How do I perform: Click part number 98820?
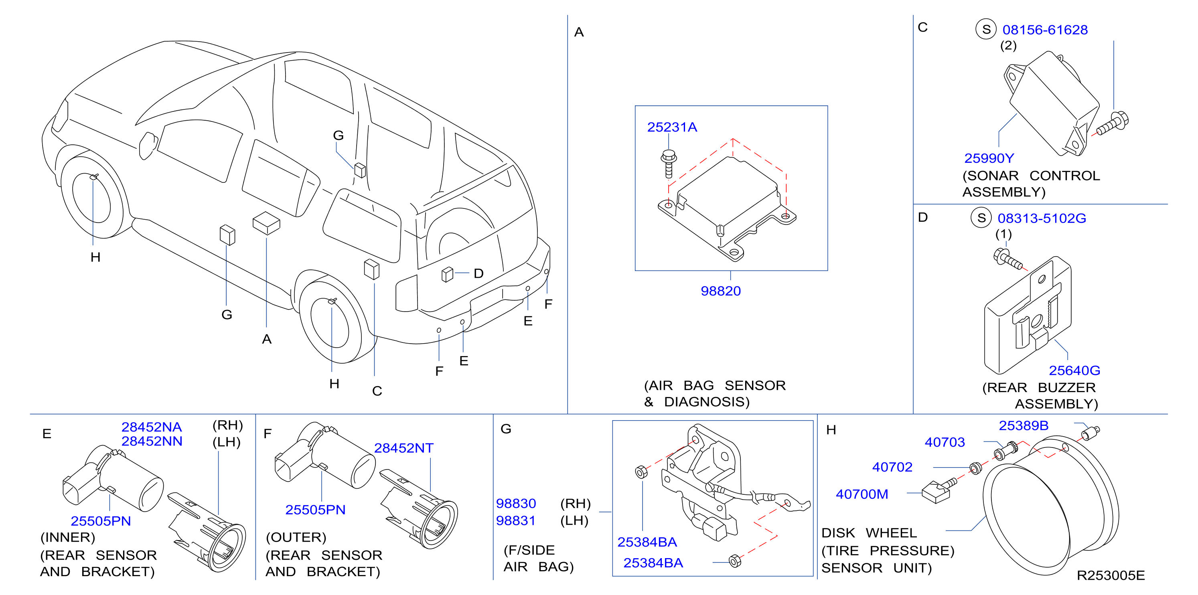[720, 291]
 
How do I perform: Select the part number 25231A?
[672, 127]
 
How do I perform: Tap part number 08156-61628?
[1045, 30]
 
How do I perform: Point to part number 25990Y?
[989, 158]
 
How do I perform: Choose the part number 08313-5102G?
[1042, 218]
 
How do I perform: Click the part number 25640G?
[1074, 370]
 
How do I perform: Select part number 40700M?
[862, 494]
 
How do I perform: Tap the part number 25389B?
[1024, 425]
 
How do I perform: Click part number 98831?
[516, 520]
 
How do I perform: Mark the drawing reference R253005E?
[1111, 575]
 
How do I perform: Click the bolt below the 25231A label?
[669, 163]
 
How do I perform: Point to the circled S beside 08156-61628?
[986, 29]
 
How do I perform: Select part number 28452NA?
[152, 427]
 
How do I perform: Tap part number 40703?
[945, 442]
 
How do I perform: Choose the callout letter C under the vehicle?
[377, 391]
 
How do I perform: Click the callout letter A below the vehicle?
[266, 339]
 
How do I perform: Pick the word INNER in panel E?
[68, 537]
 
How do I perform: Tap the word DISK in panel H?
[838, 533]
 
